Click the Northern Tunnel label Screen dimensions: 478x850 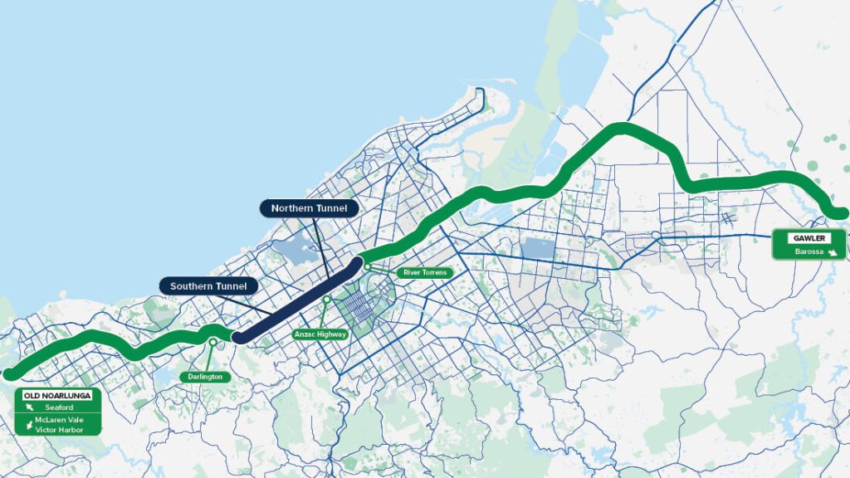coord(310,207)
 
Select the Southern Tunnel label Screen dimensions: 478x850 coord(208,286)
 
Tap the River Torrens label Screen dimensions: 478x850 coord(426,272)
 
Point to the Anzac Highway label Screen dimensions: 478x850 coord(320,334)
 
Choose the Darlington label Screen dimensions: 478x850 coord(205,377)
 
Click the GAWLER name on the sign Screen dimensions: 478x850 coord(808,238)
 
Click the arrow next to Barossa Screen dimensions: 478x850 coord(833,251)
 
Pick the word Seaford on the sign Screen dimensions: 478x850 coord(60,407)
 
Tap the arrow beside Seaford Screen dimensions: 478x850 coord(29,407)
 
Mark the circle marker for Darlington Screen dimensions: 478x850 coord(213,341)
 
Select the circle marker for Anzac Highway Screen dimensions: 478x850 coord(327,299)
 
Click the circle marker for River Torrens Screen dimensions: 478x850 coord(367,267)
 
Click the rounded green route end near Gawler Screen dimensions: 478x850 coord(840,213)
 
